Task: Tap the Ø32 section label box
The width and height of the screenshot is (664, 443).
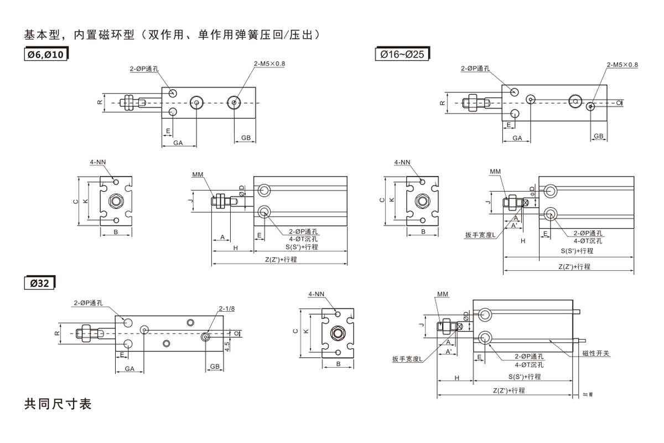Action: (40, 283)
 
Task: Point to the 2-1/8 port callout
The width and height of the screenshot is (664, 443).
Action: (227, 308)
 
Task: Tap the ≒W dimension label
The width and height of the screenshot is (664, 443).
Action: (589, 395)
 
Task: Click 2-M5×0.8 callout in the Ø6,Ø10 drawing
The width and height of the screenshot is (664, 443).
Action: (269, 64)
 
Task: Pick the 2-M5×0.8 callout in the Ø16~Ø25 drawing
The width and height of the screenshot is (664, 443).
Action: (622, 64)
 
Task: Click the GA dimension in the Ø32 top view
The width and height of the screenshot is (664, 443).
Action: (130, 368)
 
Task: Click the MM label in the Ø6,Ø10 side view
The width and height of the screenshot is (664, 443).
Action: (198, 174)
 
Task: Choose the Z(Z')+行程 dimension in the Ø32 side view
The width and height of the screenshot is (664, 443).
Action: (509, 390)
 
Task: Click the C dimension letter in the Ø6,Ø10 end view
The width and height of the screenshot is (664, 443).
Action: (76, 202)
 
